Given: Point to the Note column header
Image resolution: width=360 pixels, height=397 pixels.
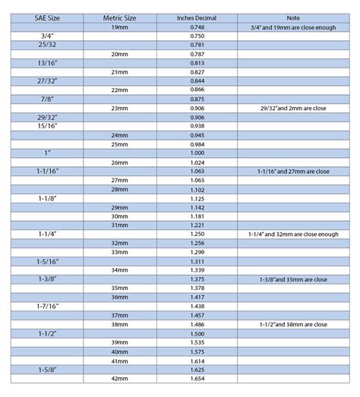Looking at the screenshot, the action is coord(292,17).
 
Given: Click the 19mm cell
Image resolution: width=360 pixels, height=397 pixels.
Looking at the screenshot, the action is coord(119,27).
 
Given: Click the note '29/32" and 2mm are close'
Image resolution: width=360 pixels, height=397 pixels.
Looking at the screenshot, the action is coord(292,108).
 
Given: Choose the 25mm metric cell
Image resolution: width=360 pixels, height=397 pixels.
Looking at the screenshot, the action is coord(119,144).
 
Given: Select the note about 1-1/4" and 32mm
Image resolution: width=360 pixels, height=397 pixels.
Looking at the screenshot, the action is coord(292,235).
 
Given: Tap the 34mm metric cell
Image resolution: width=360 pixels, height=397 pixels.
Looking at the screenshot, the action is coord(119,270).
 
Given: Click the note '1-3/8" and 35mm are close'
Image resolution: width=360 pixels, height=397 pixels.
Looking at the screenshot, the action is coord(292,279).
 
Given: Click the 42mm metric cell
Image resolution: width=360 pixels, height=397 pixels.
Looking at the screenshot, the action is coord(119,378).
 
